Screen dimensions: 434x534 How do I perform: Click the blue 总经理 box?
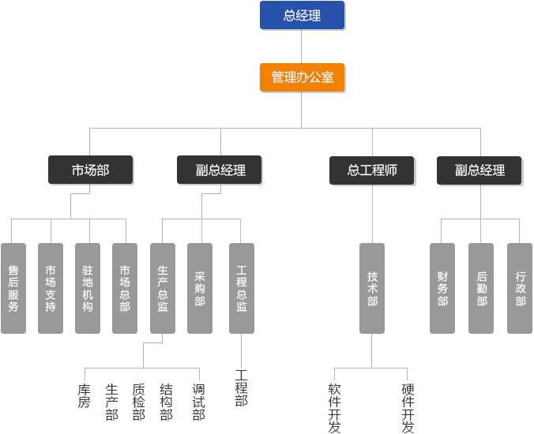[302, 15]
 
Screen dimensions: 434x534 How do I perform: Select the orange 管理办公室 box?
[302, 77]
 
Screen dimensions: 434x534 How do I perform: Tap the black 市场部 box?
[90, 170]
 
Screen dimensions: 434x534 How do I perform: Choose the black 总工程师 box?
[372, 170]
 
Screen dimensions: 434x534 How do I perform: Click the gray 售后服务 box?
[13, 288]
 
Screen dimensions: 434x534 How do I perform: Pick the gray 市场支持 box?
[51, 288]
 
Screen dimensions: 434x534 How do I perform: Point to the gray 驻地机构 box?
[88, 288]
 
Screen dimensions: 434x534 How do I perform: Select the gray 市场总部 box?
[125, 288]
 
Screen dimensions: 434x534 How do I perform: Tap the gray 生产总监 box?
[163, 288]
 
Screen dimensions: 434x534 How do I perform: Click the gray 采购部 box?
[200, 288]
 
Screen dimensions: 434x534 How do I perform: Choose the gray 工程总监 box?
[242, 288]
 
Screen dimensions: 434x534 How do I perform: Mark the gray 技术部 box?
[372, 288]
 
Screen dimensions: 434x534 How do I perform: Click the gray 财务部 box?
[442, 288]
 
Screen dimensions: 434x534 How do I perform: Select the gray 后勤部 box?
[481, 288]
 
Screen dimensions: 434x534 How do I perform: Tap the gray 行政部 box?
[520, 288]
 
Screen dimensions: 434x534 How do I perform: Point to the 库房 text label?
[85, 395]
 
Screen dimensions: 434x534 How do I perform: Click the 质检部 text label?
[139, 402]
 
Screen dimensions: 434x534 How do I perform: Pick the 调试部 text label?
[199, 402]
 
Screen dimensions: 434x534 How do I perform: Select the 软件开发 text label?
[335, 408]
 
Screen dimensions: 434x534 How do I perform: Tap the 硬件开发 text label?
[408, 408]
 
